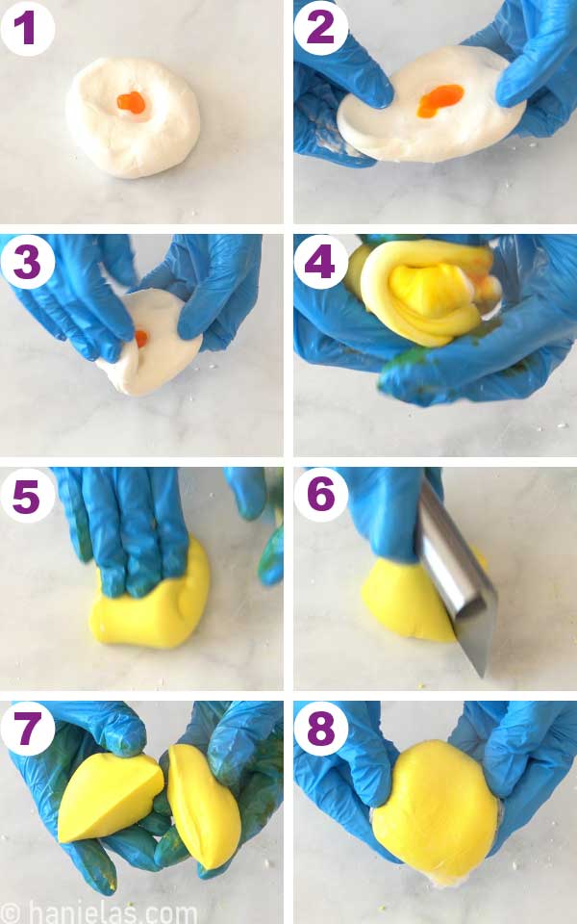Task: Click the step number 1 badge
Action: (27, 28)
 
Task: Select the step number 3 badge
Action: (27, 261)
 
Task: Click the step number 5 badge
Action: (27, 495)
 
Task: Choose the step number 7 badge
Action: (27, 729)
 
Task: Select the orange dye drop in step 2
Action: (439, 99)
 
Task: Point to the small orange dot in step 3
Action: (141, 338)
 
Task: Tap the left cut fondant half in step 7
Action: (108, 798)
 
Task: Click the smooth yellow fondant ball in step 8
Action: (436, 808)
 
